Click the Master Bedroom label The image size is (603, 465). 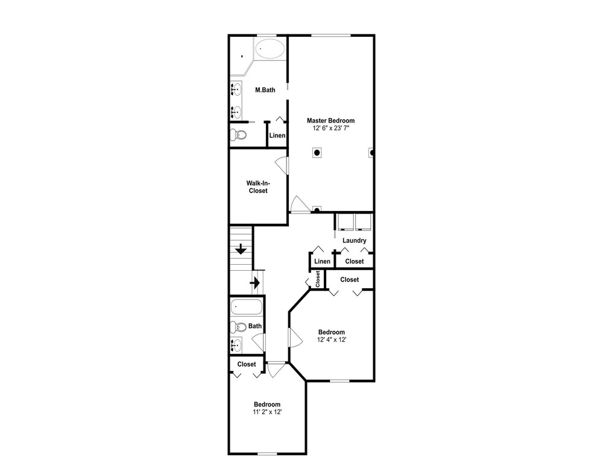pos(330,121)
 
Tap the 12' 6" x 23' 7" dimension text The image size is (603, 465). pos(330,128)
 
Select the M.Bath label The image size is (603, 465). pos(265,90)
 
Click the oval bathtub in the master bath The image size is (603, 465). pos(270,49)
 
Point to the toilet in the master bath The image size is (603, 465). pos(238,135)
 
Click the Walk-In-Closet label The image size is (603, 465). pos(258,187)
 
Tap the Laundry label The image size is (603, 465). pos(354,241)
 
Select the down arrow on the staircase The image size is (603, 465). pos(241,249)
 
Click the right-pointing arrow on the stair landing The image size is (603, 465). pos(255,283)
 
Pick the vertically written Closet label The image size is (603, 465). pos(318,279)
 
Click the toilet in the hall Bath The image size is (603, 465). pos(238,327)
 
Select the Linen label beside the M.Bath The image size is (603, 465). pos(277,135)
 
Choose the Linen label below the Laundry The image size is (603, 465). pos(322,262)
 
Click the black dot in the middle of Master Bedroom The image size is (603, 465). pos(317,153)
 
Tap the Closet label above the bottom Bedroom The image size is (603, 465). pos(247,364)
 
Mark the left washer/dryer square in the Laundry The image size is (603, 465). pos(346,222)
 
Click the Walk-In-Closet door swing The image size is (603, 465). pos(282,166)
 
